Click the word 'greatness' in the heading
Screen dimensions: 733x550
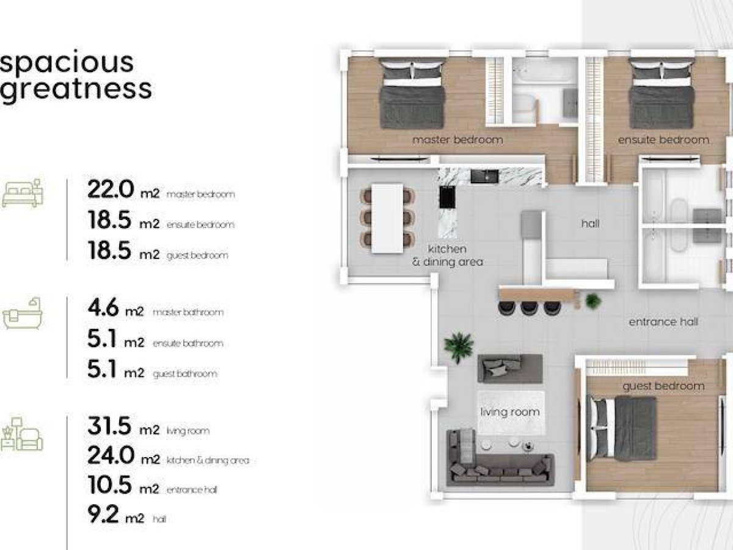coord(76,89)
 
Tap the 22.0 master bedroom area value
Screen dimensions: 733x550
coord(111,189)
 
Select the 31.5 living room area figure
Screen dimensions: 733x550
coord(109,426)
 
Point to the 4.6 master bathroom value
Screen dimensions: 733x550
coord(103,307)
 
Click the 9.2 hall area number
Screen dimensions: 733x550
coord(103,515)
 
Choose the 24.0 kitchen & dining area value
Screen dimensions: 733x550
coord(111,455)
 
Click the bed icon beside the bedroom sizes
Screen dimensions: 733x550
coord(23,193)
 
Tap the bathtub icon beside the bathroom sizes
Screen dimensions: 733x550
coord(23,313)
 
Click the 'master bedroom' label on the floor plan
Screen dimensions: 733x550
coord(458,139)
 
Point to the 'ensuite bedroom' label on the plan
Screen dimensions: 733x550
coord(663,140)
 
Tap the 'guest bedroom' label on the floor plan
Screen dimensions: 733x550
coord(663,386)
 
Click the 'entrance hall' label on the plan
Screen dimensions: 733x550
coord(663,322)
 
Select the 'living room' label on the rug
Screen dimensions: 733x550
coord(510,412)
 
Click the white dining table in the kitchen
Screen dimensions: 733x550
coord(387,218)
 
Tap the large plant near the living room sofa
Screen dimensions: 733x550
coord(459,347)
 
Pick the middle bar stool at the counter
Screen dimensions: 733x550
coord(530,308)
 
